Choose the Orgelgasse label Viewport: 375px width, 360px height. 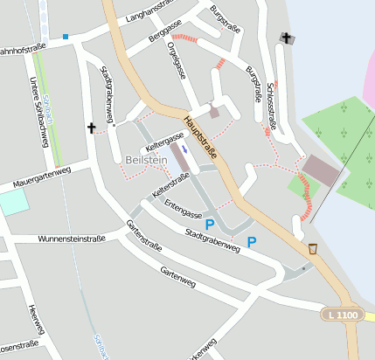click(175, 62)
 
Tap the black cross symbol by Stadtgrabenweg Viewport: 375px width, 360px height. click(91, 128)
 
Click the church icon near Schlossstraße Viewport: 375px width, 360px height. click(285, 38)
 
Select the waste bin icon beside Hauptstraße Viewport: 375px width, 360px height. click(313, 249)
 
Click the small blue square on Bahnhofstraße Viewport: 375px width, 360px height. click(66, 37)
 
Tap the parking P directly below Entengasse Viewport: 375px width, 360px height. click(209, 225)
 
